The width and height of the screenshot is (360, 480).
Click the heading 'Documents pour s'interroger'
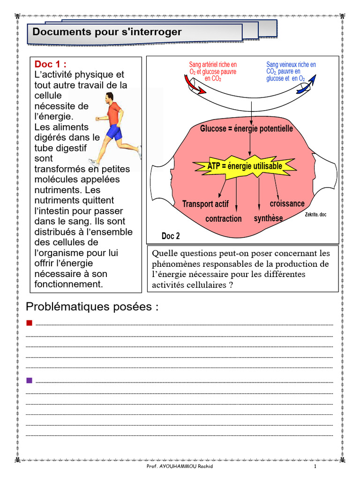(x=107, y=32)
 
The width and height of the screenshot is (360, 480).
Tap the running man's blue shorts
(x=113, y=133)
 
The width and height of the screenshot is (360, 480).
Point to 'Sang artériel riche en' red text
(x=213, y=65)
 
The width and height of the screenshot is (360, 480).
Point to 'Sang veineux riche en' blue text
(x=291, y=65)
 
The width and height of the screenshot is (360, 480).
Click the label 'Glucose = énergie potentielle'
(x=247, y=128)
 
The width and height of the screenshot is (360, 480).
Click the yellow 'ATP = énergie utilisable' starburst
(x=245, y=166)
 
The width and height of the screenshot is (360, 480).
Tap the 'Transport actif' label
(x=205, y=204)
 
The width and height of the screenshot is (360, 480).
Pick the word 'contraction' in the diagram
(x=224, y=219)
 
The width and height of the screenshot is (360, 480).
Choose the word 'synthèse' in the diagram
(x=268, y=218)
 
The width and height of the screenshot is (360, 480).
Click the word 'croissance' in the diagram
(x=287, y=203)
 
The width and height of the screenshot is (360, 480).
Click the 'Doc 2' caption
(x=171, y=236)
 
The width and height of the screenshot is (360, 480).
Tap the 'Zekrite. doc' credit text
(x=315, y=215)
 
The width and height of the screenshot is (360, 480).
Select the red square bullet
(x=29, y=322)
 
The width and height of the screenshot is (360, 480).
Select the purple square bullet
(x=29, y=380)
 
